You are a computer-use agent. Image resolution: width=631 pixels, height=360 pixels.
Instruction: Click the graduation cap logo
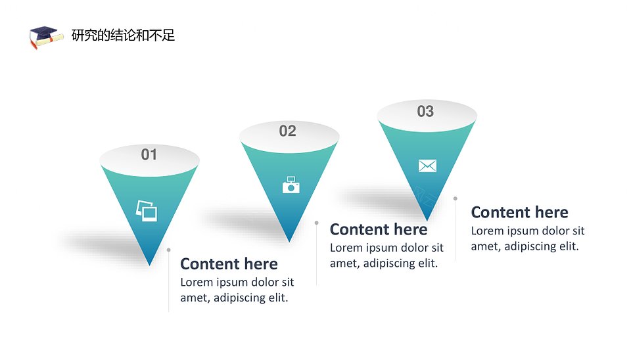pos(46,37)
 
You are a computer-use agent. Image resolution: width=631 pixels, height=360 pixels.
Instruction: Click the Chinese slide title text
pos(123,35)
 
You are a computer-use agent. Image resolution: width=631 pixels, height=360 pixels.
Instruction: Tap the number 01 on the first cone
pos(149,154)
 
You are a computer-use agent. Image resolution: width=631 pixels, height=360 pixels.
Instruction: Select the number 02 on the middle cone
pos(288,131)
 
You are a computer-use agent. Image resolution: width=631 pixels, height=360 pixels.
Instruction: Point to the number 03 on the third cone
pos(425,111)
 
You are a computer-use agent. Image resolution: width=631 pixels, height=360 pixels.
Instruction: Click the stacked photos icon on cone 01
pos(147,211)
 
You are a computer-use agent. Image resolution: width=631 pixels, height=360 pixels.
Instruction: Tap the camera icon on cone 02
pos(291,185)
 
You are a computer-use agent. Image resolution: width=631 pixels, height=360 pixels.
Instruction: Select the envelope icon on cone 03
pos(427,166)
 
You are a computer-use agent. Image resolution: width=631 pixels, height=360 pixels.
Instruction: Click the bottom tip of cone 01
pos(149,265)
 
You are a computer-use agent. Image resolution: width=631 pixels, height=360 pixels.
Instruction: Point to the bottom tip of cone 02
pos(289,242)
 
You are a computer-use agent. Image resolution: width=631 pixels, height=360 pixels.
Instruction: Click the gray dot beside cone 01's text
pos(169,250)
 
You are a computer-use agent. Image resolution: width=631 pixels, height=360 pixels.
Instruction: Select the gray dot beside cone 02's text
pos(317,223)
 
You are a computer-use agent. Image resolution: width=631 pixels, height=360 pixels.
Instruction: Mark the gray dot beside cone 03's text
pos(455,198)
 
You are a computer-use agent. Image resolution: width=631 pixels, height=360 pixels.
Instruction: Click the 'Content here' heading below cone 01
pos(229,264)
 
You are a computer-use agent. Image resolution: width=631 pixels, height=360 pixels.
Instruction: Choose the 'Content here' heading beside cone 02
pos(379,229)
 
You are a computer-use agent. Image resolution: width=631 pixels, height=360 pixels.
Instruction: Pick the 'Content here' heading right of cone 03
pos(519,212)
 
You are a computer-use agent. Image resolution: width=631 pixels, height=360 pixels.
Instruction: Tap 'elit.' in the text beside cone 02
pos(428,263)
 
